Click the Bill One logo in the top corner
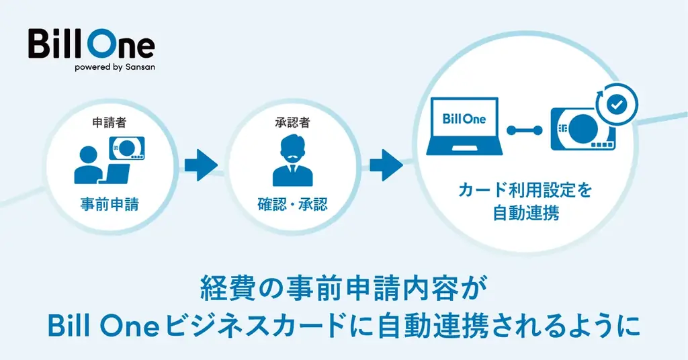pyautogui.click(x=91, y=44)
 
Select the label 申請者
pyautogui.click(x=109, y=123)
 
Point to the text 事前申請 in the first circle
pyautogui.click(x=109, y=204)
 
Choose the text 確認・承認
pyautogui.click(x=292, y=204)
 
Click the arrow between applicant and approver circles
pyautogui.click(x=200, y=165)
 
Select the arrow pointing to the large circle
pyautogui.click(x=386, y=165)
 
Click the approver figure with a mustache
pyautogui.click(x=292, y=161)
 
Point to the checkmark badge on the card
pyautogui.click(x=617, y=104)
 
